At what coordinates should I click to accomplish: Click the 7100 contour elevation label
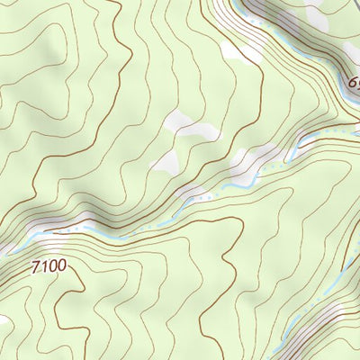[49, 267]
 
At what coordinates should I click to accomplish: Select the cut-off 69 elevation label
[354, 85]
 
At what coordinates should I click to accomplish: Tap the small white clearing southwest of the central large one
[166, 162]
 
